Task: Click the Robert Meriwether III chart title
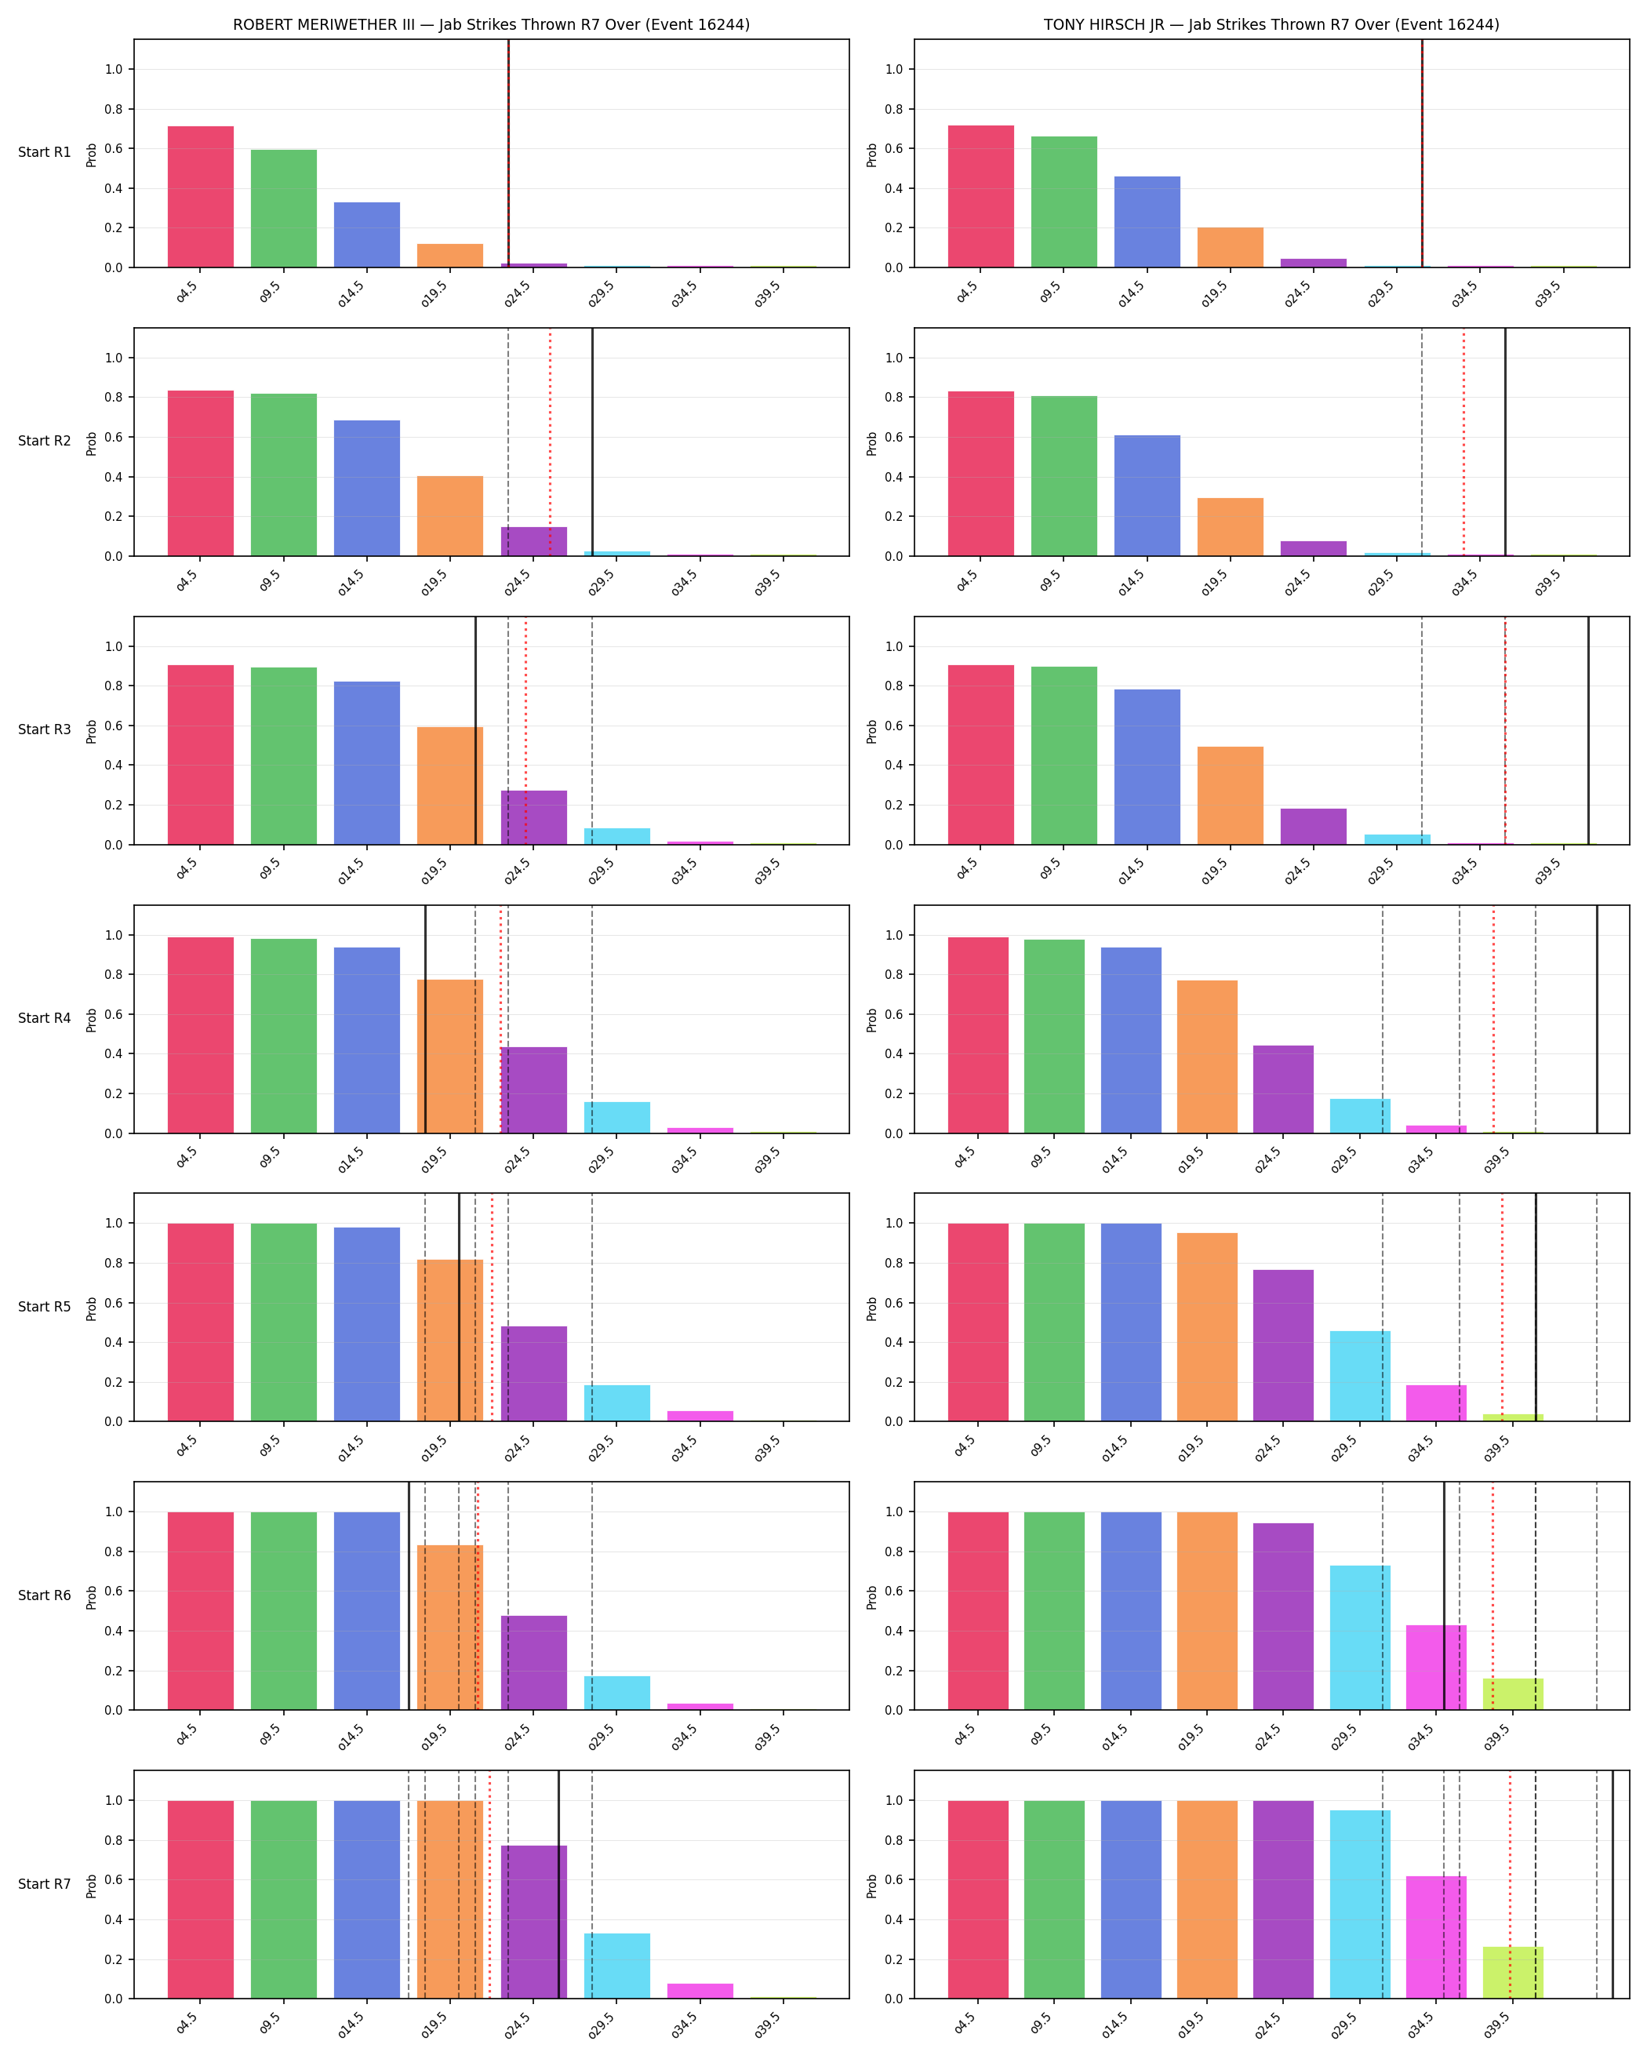click(x=491, y=25)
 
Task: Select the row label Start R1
click(x=44, y=152)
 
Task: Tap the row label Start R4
click(x=44, y=1018)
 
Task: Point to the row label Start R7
click(x=44, y=1883)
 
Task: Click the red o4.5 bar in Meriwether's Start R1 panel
click(x=201, y=197)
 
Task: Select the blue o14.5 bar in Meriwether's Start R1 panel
click(x=366, y=235)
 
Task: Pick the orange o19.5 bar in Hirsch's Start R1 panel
click(x=1230, y=247)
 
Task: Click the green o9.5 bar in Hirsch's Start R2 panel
click(x=1063, y=475)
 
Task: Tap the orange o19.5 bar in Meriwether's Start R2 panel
click(x=449, y=515)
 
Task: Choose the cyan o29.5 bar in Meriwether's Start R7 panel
click(x=616, y=1966)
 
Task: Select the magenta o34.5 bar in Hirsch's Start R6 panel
click(x=1436, y=1668)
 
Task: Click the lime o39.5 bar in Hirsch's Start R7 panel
click(x=1512, y=1972)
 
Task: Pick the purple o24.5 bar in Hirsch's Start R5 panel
click(x=1283, y=1346)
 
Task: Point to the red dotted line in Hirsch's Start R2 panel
click(x=1463, y=442)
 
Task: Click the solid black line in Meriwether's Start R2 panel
click(x=592, y=442)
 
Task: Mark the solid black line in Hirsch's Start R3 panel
click(x=1589, y=730)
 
